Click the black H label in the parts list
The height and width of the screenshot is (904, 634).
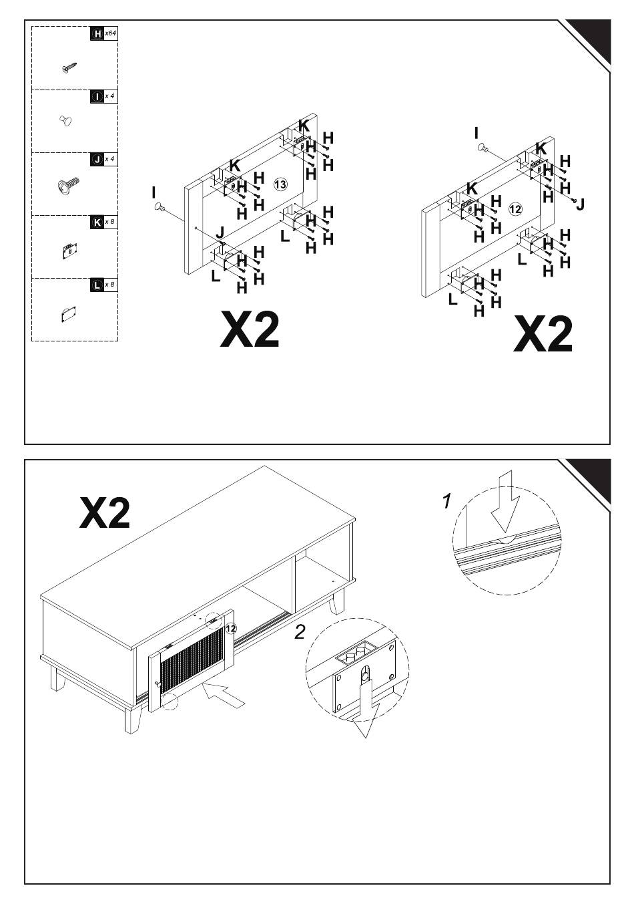tap(97, 33)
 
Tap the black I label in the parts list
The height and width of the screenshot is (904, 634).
tap(97, 97)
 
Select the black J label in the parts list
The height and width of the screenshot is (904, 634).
tap(97, 160)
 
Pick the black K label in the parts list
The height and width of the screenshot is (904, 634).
tap(97, 222)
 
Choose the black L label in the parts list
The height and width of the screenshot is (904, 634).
tap(97, 285)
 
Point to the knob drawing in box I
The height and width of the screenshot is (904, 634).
tap(65, 121)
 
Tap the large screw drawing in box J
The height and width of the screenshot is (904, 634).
tap(69, 184)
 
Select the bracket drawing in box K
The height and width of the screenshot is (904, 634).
tap(67, 251)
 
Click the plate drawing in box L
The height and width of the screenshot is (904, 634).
tap(69, 313)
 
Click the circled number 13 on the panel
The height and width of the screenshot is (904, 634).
tap(280, 184)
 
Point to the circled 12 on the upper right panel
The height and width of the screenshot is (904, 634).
tap(515, 209)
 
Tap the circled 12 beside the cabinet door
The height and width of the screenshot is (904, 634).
tap(231, 628)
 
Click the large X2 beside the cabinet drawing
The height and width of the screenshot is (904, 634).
tap(105, 513)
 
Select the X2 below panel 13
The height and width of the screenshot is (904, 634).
tap(250, 329)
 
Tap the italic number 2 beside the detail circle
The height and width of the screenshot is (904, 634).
tap(301, 631)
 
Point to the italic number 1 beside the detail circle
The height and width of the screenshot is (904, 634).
tap(448, 500)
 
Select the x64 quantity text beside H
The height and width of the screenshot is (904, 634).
tap(111, 33)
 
